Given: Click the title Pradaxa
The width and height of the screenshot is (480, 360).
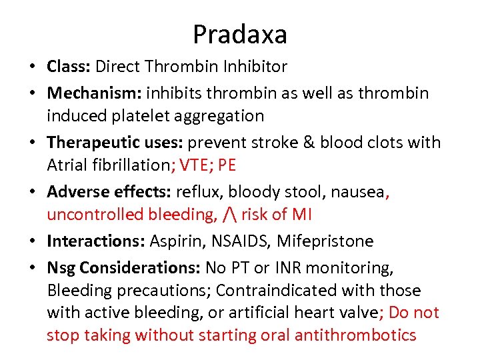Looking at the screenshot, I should tap(240, 34).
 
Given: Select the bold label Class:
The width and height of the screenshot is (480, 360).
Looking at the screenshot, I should tap(69, 67).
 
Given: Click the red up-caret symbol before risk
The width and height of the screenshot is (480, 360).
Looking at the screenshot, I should tap(231, 215).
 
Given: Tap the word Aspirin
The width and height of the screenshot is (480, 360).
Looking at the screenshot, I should tap(170, 241).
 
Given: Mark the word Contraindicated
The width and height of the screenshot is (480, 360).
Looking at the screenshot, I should tap(286, 291).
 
